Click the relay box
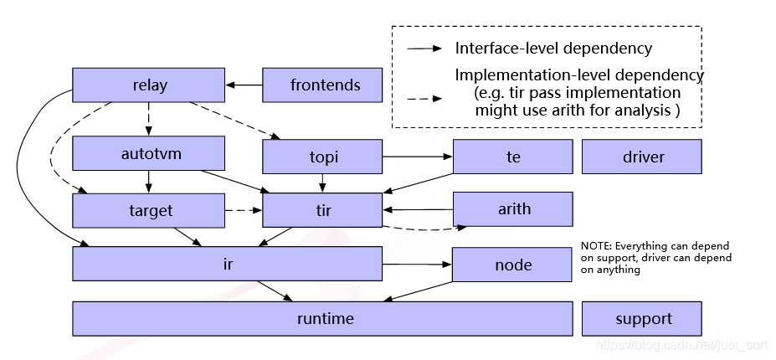tap(148, 85)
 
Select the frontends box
tap(322, 85)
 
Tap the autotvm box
tap(148, 153)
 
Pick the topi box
tap(322, 157)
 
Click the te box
tap(512, 157)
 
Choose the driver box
tap(642, 157)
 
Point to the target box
tap(148, 210)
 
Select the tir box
tap(322, 210)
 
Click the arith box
tap(512, 209)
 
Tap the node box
tap(512, 265)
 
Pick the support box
tap(642, 318)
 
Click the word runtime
tap(325, 318)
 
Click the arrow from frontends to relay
tap(244, 85)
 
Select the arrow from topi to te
tap(418, 157)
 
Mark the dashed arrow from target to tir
tap(244, 210)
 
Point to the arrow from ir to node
tap(417, 265)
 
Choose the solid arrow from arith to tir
tap(418, 209)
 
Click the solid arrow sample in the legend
tap(424, 49)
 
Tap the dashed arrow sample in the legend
tap(424, 99)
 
